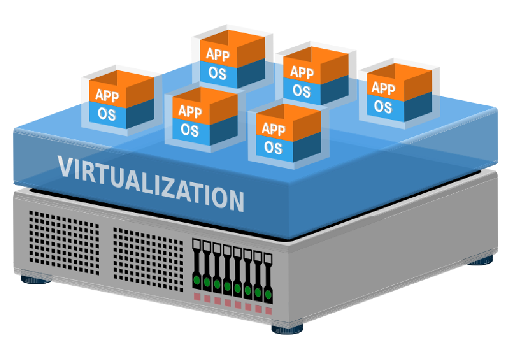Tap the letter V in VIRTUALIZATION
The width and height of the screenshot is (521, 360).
click(66, 167)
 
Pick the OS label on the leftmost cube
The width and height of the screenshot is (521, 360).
click(106, 114)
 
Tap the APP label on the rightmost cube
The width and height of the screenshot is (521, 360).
click(383, 88)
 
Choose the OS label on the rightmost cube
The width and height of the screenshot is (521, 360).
click(383, 106)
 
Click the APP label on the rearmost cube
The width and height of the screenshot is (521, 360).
click(217, 55)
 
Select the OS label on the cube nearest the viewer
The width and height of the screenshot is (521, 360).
click(273, 147)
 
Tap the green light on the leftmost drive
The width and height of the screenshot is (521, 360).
click(196, 280)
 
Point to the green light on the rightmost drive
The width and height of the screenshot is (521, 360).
click(268, 294)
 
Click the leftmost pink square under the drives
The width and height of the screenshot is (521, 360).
click(197, 296)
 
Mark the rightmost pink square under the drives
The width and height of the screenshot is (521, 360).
click(268, 310)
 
